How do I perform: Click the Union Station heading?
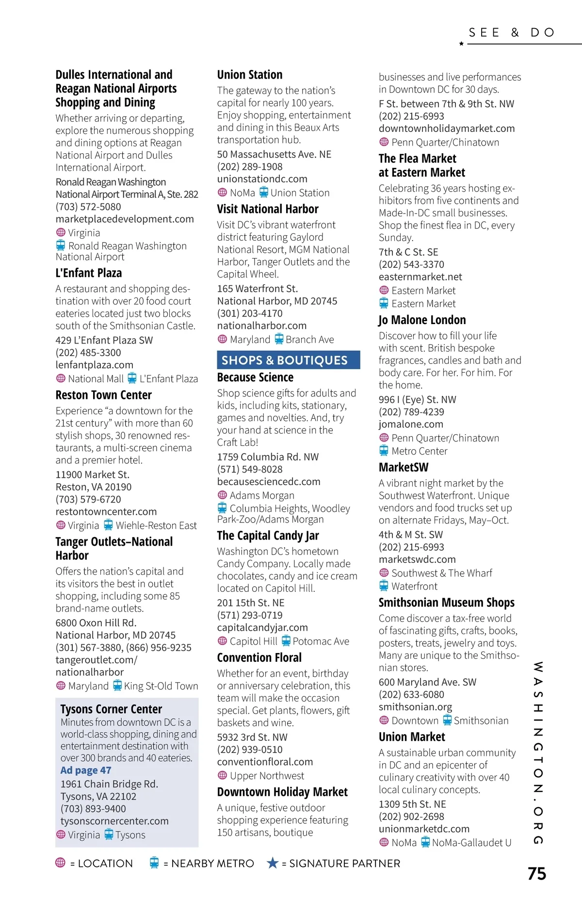tap(249, 75)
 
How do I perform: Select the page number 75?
tap(536, 873)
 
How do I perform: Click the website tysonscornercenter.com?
tap(114, 821)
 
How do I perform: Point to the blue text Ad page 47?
tap(86, 770)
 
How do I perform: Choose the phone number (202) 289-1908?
tap(250, 166)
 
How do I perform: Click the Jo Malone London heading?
tap(422, 320)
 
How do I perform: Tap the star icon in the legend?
tap(273, 863)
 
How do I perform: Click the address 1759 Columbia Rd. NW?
tap(268, 457)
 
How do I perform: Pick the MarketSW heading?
tap(404, 468)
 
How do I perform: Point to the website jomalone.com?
tap(411, 424)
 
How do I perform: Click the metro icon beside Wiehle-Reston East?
tap(108, 525)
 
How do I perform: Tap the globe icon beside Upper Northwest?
tap(222, 775)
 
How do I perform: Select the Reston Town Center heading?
tap(103, 395)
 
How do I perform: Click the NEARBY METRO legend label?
tap(212, 864)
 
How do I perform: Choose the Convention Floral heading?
tap(259, 658)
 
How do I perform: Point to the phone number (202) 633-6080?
tap(411, 695)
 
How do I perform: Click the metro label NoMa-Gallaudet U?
tap(471, 843)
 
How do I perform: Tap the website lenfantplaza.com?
tap(94, 365)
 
